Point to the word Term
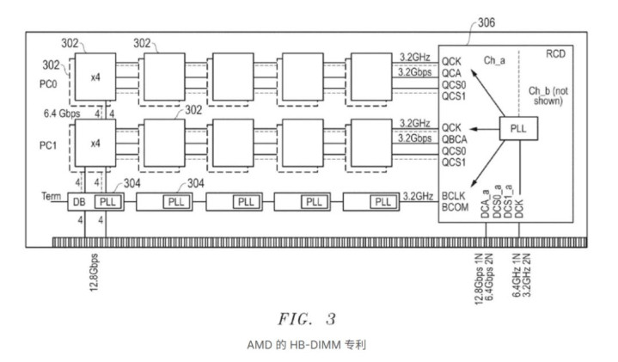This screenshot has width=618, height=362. tap(51, 197)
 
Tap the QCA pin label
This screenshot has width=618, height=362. tap(453, 73)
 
